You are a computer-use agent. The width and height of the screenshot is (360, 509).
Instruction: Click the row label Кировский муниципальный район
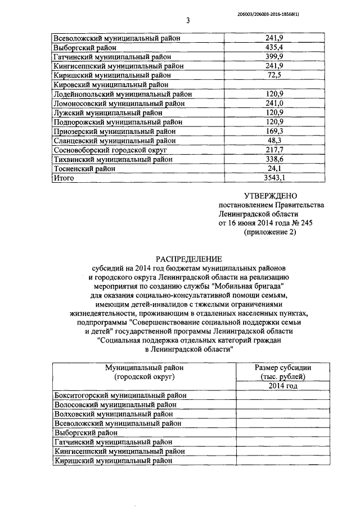pos(112,84)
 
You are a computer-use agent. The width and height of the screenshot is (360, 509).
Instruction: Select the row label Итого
pos(64,178)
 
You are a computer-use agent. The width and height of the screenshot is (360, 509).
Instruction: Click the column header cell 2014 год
pos(283,386)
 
